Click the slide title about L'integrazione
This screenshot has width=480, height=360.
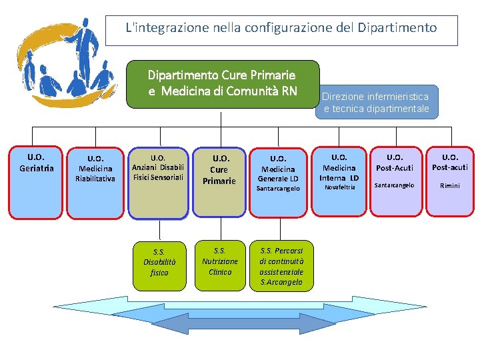pos(281,28)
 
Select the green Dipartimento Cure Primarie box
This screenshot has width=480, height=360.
pos(223,83)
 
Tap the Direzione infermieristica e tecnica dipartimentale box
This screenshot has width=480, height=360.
pos(377,102)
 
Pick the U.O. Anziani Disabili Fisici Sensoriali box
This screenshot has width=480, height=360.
pos(158,183)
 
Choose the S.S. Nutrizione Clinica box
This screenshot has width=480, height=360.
pos(220,262)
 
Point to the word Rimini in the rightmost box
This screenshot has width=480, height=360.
pos(450,185)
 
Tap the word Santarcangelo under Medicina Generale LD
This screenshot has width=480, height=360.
pos(278,189)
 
